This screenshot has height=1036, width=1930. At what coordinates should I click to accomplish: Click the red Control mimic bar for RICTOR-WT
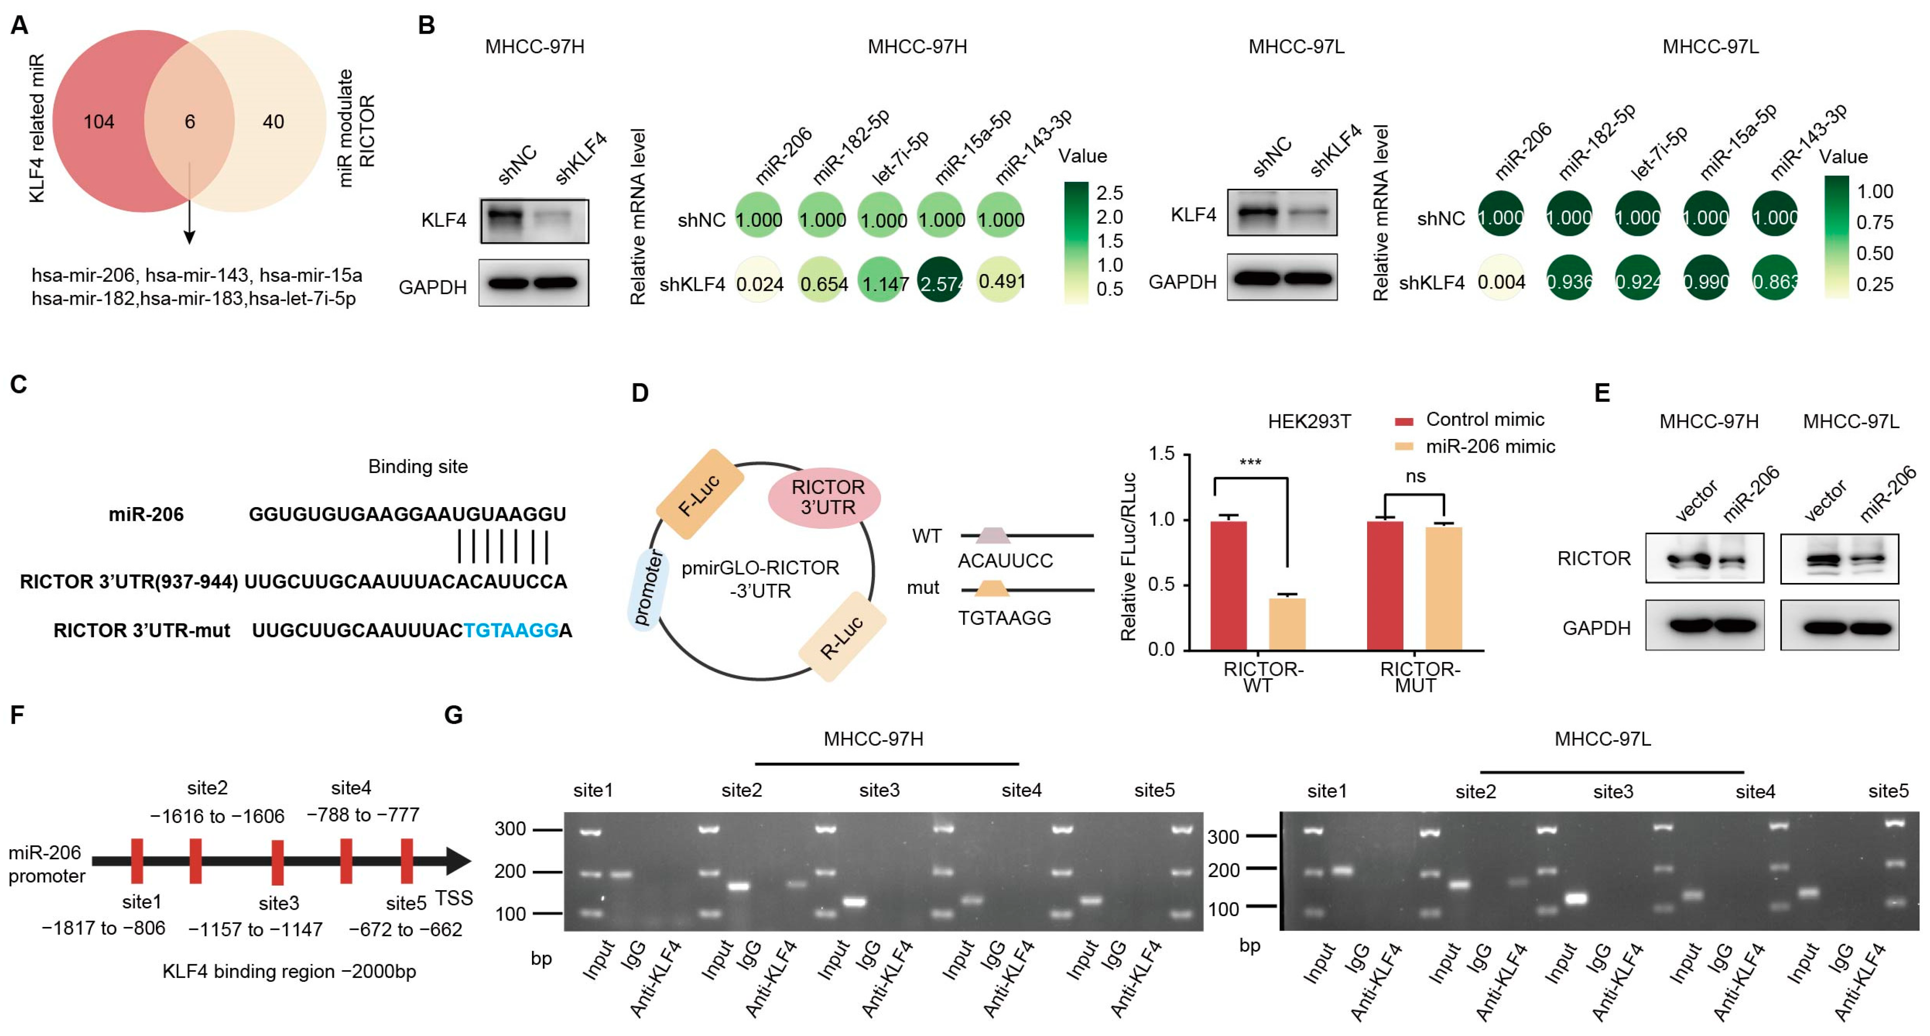pos(1229,584)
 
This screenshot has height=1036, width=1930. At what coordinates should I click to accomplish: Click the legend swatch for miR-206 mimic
pos(1403,447)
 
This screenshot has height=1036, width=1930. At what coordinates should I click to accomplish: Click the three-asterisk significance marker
pos(1250,462)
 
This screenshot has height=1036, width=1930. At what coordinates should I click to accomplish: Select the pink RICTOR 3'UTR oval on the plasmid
pos(824,498)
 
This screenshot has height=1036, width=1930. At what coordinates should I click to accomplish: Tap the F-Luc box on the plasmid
pos(699,494)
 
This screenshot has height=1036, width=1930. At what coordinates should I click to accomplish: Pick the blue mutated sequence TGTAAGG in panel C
pos(511,631)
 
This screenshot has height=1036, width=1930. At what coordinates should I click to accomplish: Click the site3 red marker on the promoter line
pos(277,862)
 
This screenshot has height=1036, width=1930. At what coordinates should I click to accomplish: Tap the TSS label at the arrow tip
pos(454,898)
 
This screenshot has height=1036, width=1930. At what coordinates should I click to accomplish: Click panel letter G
pos(453,715)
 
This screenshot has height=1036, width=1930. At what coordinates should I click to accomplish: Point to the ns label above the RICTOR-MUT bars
pos(1414,477)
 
